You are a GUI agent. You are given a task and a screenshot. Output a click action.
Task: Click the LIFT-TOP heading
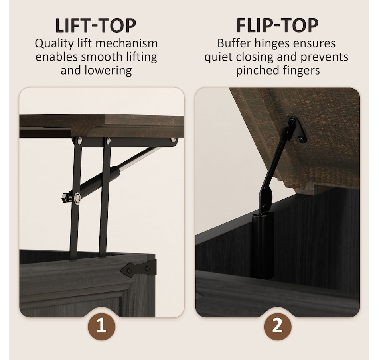(96, 26)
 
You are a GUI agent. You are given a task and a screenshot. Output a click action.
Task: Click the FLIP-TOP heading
(277, 26)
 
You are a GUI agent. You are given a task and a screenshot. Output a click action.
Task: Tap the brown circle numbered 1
(101, 327)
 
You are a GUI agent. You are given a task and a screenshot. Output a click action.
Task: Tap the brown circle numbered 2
(278, 327)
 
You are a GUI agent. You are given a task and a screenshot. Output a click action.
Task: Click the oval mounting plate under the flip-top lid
(296, 129)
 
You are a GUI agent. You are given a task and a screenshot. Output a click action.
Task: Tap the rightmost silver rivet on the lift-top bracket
(174, 140)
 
